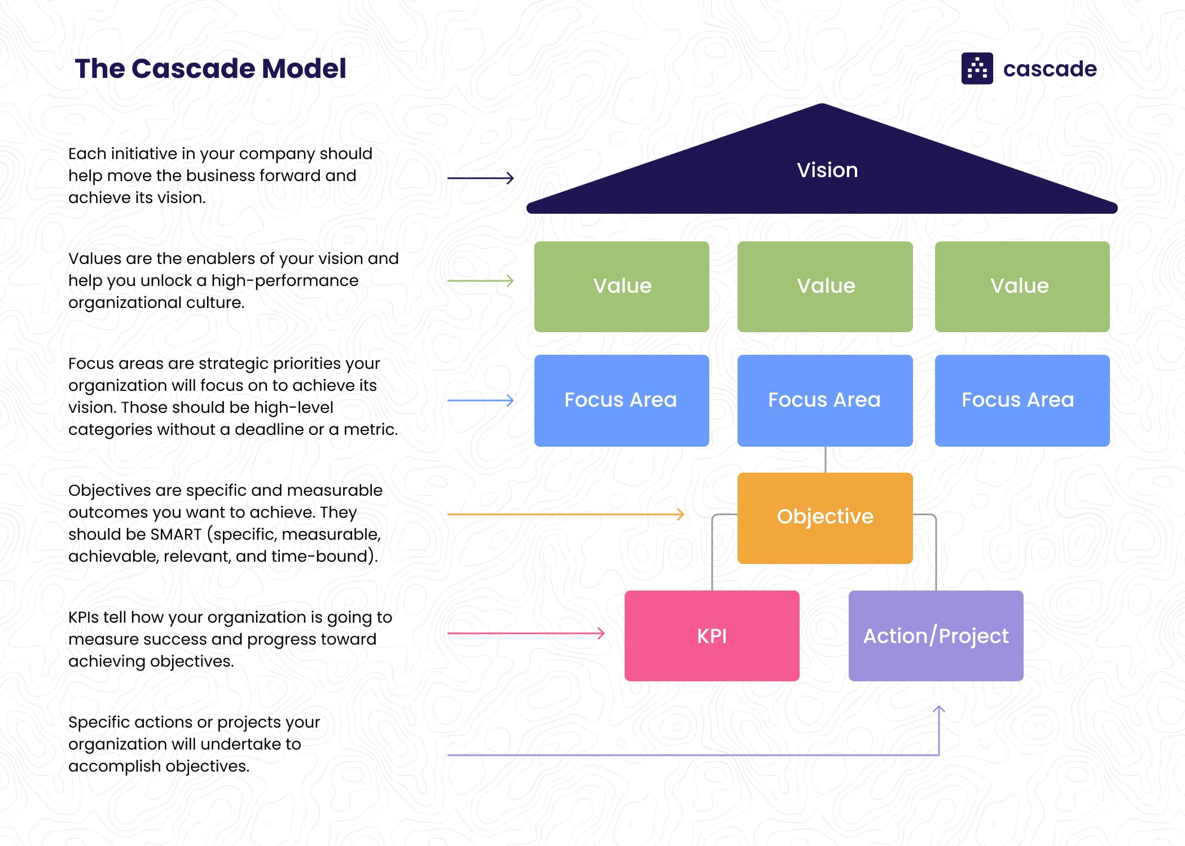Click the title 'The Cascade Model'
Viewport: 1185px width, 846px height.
(x=210, y=69)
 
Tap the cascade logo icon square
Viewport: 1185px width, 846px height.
(x=977, y=69)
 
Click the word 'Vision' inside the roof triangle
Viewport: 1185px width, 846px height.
(x=827, y=170)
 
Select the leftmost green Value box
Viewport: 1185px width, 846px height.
(x=621, y=287)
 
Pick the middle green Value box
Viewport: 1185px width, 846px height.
(x=824, y=287)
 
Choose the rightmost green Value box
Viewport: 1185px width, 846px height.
(x=1022, y=287)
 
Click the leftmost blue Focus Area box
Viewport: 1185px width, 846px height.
(x=621, y=400)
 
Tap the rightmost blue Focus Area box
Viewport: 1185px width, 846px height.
(x=1022, y=400)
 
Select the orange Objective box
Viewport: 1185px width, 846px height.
(x=824, y=518)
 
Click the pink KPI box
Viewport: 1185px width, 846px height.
(x=712, y=636)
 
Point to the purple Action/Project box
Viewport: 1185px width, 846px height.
(x=936, y=636)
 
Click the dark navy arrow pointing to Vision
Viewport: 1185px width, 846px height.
(x=480, y=178)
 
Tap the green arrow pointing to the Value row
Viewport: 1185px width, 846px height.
(x=480, y=280)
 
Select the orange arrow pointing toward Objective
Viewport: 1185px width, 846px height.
(x=564, y=514)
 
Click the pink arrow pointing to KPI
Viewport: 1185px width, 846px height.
(x=525, y=633)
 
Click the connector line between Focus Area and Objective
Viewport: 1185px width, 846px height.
(x=825, y=460)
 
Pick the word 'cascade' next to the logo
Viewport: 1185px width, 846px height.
(x=1050, y=69)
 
